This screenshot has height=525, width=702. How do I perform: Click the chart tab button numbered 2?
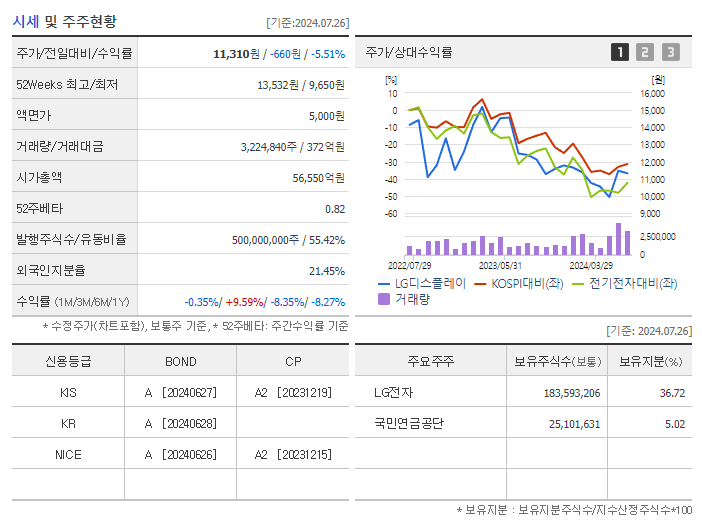[x=645, y=52]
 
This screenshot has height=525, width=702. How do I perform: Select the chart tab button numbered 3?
[x=671, y=52]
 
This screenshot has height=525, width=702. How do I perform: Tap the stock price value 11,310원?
[x=236, y=54]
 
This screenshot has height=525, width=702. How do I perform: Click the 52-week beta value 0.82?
[x=335, y=209]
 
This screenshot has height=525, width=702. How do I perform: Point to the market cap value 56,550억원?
[x=319, y=178]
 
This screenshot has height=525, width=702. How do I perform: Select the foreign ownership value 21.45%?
[x=327, y=271]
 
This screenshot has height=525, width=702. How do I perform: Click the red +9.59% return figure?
[x=244, y=302]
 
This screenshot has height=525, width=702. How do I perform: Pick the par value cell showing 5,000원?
[x=327, y=116]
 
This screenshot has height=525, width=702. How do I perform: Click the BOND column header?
[x=181, y=362]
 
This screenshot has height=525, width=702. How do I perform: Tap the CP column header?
[x=293, y=362]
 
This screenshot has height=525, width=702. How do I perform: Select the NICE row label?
[x=68, y=455]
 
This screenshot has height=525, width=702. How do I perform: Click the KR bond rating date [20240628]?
[x=189, y=424]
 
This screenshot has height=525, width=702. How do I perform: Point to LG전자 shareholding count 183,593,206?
[x=572, y=393]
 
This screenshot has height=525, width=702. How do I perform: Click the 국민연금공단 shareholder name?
[x=409, y=423]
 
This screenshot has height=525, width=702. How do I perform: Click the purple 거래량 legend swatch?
[x=384, y=299]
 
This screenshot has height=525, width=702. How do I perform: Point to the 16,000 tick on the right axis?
[x=652, y=94]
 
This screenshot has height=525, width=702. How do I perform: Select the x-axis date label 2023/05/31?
[x=500, y=265]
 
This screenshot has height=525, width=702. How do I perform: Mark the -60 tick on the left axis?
[x=391, y=213]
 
